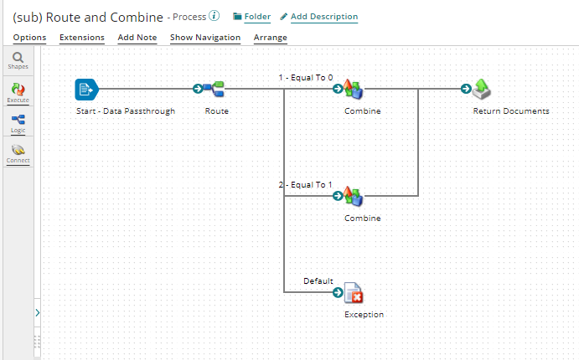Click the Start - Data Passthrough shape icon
click(86, 88)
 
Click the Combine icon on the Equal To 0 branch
click(353, 89)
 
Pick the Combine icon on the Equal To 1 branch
click(353, 196)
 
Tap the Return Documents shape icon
click(481, 89)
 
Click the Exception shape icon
click(354, 292)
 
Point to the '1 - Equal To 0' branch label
click(305, 78)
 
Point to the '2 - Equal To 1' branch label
click(305, 185)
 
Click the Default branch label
click(318, 281)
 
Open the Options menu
click(29, 38)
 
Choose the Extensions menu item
click(82, 38)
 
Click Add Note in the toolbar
click(137, 38)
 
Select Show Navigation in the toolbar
click(205, 38)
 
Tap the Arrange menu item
click(271, 38)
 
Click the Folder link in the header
click(251, 17)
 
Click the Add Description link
click(318, 17)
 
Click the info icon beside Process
click(215, 16)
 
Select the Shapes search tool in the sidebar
click(17, 60)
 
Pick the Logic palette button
click(17, 123)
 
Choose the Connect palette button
click(17, 153)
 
